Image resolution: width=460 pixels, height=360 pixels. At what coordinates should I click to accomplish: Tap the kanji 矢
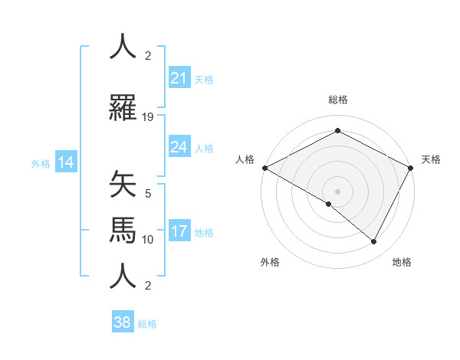123,185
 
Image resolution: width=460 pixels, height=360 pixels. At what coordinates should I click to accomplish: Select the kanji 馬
123,230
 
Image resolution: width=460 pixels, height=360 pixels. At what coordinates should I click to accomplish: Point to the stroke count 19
148,117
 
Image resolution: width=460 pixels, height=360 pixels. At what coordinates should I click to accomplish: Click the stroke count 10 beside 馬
148,240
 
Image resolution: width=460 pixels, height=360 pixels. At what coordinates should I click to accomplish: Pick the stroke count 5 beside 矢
148,195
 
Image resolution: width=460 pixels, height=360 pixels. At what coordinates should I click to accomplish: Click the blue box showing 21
179,78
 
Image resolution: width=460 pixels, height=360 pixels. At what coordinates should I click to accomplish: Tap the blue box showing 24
179,147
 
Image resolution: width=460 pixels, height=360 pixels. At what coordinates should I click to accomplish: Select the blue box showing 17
179,231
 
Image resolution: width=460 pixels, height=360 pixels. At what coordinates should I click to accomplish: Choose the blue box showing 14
65,162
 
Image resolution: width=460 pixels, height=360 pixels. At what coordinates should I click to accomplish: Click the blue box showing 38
123,322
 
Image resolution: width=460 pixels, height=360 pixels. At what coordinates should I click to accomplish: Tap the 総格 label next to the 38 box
147,324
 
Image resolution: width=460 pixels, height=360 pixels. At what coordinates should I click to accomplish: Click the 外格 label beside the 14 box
41,163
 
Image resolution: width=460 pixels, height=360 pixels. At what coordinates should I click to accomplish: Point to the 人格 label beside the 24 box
204,148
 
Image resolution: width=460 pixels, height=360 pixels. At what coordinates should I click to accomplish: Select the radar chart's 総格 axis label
337,100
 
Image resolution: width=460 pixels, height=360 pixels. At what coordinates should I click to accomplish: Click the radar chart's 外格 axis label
270,262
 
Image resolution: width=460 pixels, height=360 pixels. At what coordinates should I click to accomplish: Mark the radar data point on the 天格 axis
411,168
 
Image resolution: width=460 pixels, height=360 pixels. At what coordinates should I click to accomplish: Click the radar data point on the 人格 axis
264,168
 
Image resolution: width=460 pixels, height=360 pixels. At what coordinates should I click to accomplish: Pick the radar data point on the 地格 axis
374,242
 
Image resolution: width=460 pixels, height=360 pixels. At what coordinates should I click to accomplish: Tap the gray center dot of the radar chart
337,191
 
